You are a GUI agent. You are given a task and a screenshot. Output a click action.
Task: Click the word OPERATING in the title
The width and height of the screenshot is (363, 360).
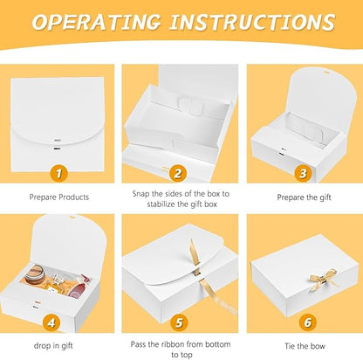[x=97, y=22]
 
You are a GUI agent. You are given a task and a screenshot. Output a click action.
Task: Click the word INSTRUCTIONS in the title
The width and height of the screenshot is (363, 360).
[x=252, y=22]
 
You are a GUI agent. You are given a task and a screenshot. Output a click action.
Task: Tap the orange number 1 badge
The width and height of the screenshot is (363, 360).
[x=58, y=174]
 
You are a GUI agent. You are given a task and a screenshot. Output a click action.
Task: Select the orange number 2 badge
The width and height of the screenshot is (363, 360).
[x=178, y=173]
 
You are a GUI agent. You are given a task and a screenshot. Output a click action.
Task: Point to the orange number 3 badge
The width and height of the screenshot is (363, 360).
[x=303, y=173]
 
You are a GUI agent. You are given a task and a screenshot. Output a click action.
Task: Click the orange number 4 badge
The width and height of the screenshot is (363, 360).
[x=51, y=322]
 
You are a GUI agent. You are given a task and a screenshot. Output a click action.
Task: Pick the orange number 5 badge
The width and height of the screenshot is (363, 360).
[x=179, y=322]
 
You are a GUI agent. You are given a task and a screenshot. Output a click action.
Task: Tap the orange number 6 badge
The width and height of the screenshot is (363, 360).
[x=307, y=322]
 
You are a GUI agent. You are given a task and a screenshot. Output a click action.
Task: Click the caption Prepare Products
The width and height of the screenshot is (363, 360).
[x=59, y=197]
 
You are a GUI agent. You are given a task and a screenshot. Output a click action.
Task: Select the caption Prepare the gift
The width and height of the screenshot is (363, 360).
[x=304, y=197]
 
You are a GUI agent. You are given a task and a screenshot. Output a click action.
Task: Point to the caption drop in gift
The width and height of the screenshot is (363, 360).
[x=53, y=346]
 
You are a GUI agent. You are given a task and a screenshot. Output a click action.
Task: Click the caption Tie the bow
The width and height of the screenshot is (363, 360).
[x=305, y=346]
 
